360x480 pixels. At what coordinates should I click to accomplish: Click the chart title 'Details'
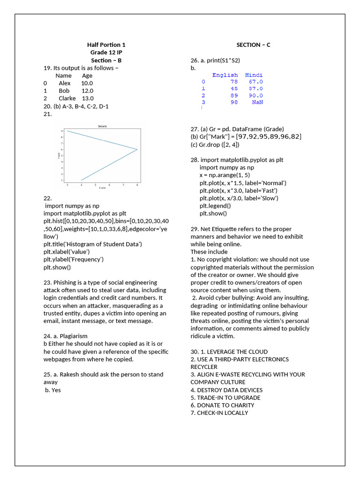click(x=103, y=126)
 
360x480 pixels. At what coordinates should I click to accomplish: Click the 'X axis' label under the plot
click(x=102, y=188)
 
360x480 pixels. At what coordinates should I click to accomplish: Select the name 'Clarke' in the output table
click(x=67, y=98)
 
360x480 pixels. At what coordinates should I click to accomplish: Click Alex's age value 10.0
click(x=87, y=83)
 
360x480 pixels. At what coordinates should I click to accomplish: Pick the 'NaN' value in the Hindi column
click(x=257, y=102)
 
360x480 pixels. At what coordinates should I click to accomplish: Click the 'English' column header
click(x=225, y=75)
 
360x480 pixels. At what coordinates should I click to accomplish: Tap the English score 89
click(x=234, y=95)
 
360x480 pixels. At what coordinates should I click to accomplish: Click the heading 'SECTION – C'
click(x=253, y=45)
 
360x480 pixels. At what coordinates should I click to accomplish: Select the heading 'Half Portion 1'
click(x=106, y=45)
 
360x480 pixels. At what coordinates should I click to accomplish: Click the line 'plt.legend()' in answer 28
click(x=215, y=206)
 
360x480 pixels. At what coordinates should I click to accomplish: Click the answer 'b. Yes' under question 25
click(x=53, y=390)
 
